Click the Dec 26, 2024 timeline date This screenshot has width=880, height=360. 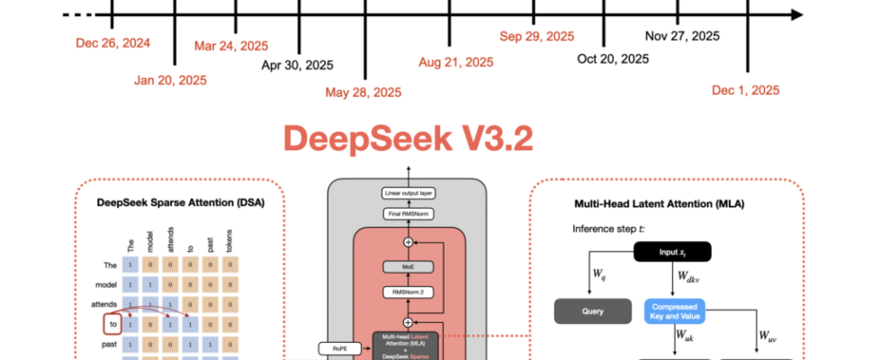[112, 42]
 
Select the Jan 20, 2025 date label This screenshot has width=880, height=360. [170, 80]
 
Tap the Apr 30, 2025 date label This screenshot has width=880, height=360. [298, 65]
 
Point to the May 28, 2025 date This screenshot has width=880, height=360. [364, 92]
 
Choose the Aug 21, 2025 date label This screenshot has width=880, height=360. [456, 62]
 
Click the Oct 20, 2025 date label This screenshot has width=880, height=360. [613, 58]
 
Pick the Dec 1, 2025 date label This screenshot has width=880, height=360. [745, 90]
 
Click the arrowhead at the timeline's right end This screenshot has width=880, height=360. [795, 15]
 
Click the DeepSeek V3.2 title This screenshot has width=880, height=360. [408, 139]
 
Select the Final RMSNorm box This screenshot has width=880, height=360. [409, 213]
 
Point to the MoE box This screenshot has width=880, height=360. [409, 267]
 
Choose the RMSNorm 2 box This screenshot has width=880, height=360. [409, 292]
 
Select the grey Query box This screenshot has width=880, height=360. [588, 312]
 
